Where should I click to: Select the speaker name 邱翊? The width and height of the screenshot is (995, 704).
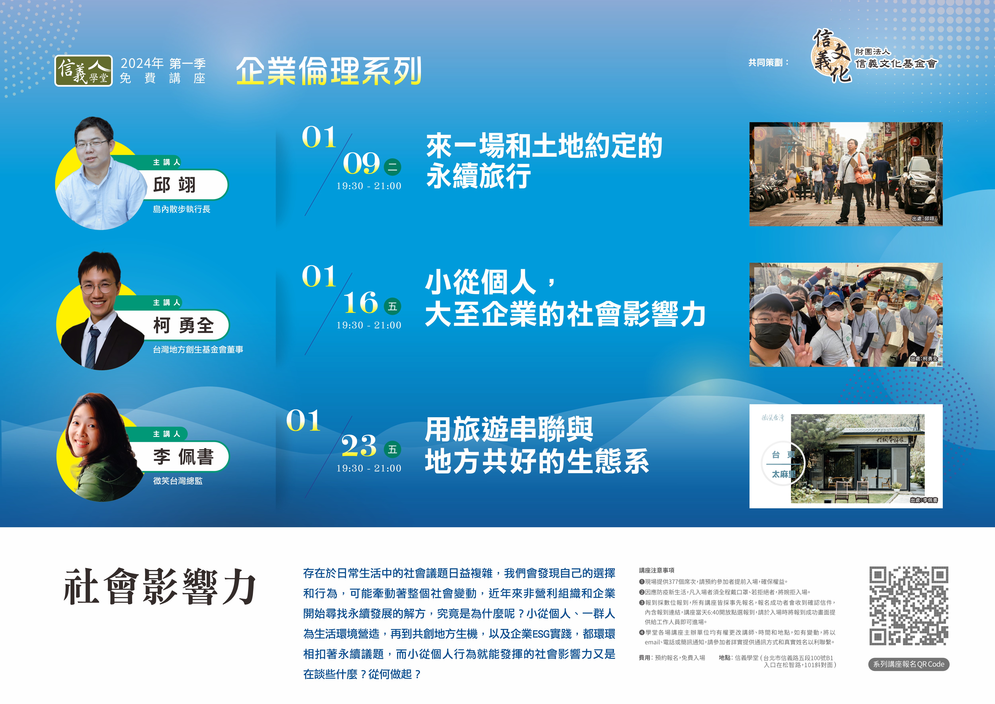click(x=175, y=185)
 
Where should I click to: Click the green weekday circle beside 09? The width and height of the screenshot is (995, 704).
click(x=393, y=167)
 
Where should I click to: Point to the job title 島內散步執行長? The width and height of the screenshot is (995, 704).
click(x=181, y=209)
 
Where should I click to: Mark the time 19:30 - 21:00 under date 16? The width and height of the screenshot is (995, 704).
click(x=369, y=325)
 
